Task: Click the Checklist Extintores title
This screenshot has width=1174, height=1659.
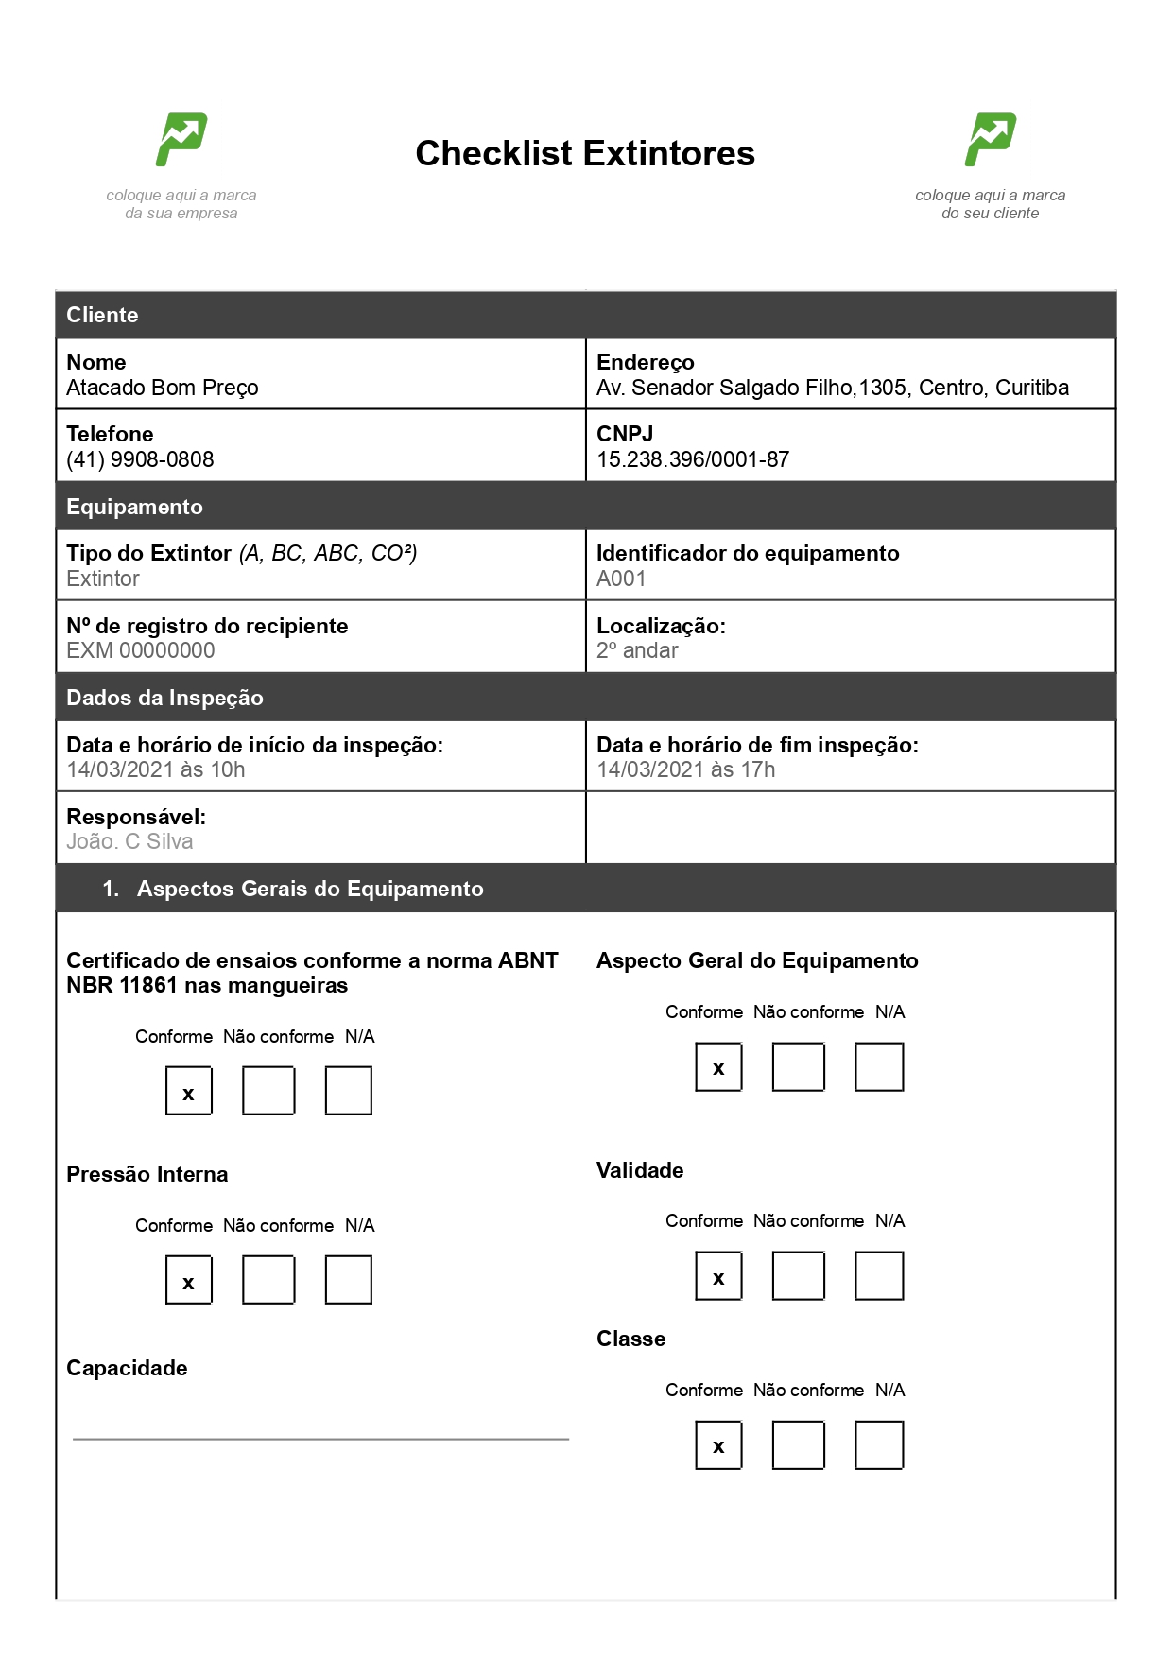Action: (x=585, y=153)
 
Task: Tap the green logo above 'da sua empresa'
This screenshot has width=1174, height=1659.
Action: (x=181, y=140)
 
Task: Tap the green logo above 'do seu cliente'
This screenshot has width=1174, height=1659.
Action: (x=990, y=140)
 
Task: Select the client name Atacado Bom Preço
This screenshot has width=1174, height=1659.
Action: (x=163, y=388)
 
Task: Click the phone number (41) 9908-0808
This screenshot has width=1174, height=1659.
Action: (x=140, y=459)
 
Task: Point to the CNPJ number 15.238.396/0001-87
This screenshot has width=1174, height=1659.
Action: (x=693, y=459)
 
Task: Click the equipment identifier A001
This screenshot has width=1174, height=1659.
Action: (x=621, y=579)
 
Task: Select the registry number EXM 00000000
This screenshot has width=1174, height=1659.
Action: (x=140, y=650)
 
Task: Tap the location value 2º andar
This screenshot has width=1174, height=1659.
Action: (x=637, y=650)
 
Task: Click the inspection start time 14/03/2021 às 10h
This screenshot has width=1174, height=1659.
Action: (x=156, y=769)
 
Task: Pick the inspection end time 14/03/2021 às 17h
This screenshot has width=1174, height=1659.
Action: (x=686, y=769)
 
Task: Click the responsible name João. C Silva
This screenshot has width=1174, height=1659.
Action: (x=129, y=841)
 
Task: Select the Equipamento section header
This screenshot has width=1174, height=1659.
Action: (x=134, y=507)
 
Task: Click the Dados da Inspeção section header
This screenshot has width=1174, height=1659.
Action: (x=164, y=698)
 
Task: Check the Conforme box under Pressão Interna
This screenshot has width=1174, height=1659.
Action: (x=189, y=1280)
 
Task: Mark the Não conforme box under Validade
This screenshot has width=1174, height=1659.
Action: (x=799, y=1275)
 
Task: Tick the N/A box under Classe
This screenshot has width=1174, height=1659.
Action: (x=879, y=1444)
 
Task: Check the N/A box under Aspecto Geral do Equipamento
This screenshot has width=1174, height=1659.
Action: (x=879, y=1066)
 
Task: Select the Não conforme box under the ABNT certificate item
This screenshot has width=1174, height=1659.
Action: (x=268, y=1091)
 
